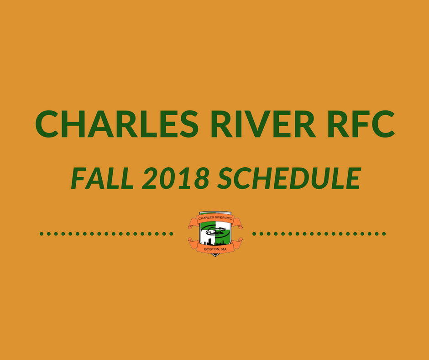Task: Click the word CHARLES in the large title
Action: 117,124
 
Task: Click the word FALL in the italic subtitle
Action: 102,178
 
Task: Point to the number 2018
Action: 175,178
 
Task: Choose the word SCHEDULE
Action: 289,178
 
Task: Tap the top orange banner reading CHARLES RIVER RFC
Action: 215,218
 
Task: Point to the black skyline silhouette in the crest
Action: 214,242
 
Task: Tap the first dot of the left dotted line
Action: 42,234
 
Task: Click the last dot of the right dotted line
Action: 384,234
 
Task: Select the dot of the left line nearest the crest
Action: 171,234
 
